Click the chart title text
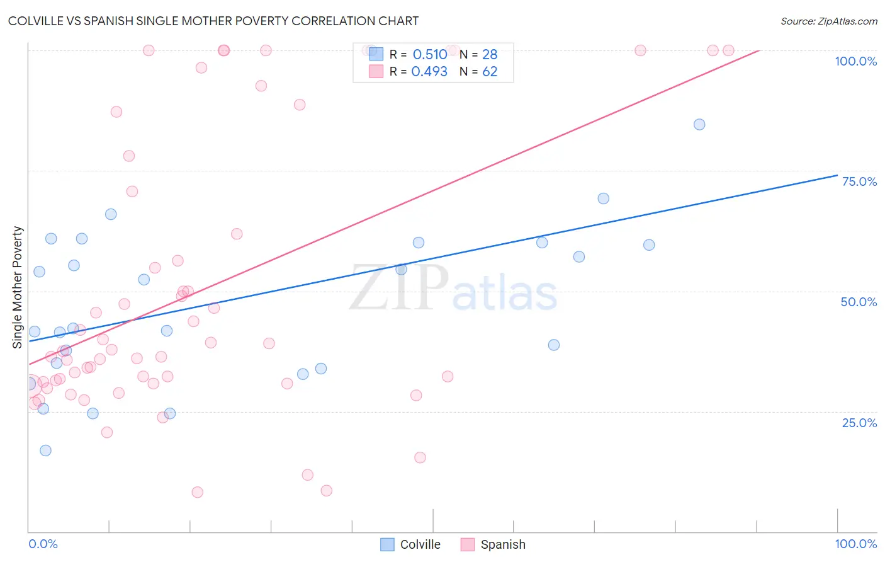point(213,21)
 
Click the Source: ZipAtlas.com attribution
point(828,21)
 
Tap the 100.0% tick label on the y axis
point(855,61)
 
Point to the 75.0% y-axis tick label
point(859,181)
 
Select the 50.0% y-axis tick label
point(859,302)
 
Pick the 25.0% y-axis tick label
point(859,423)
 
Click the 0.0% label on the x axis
point(43,544)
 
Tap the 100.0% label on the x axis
point(855,544)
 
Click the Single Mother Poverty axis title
point(18,287)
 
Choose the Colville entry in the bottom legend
point(420,544)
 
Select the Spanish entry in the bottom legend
point(502,544)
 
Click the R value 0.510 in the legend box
point(430,55)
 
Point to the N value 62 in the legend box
point(490,72)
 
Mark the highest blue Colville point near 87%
point(699,125)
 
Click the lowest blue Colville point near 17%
point(45,450)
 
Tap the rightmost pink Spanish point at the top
point(728,50)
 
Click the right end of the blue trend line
point(837,175)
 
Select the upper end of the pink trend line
point(758,50)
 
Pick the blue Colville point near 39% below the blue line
point(554,345)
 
